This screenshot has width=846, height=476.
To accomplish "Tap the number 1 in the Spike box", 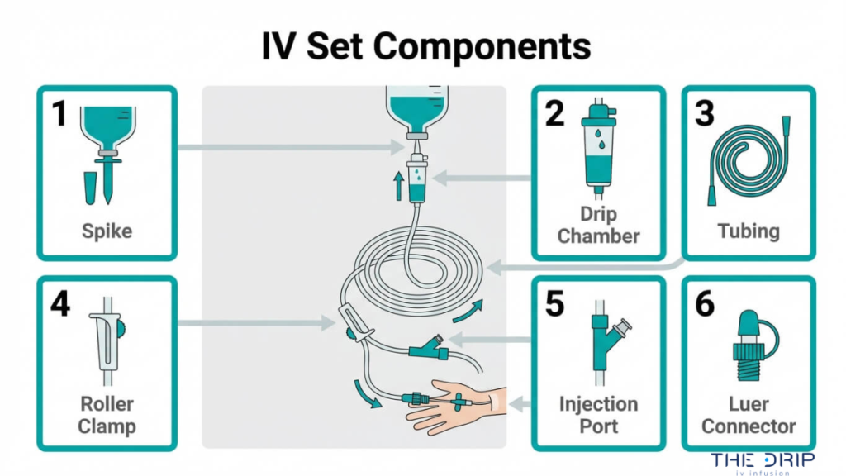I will (59, 114).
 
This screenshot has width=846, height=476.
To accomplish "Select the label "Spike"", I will (107, 231).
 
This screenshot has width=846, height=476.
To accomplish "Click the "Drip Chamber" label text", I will (598, 226).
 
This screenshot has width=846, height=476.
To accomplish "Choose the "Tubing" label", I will (748, 231).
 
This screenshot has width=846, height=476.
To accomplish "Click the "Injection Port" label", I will (598, 416).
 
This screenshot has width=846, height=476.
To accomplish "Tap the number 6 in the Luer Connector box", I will (704, 304).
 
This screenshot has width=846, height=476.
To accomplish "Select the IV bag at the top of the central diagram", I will (421, 107).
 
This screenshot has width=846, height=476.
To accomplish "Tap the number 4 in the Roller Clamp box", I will (59, 304).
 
